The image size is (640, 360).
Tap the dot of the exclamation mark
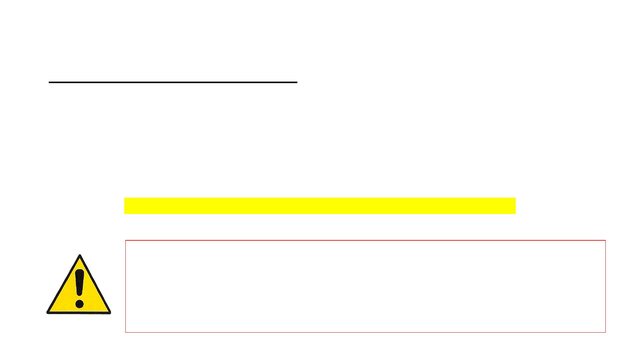[x=79, y=304]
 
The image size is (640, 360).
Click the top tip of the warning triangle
[x=80, y=256]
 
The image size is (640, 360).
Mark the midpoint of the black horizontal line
[x=173, y=82]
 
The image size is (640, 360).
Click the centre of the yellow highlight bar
[x=320, y=206]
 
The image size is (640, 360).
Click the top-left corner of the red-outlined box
[x=126, y=240]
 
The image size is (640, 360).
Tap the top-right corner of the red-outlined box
[x=605, y=240]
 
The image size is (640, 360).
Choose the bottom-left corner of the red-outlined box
[x=126, y=332]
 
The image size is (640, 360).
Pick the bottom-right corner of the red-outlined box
[x=605, y=332]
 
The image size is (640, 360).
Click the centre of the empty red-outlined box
[x=365, y=286]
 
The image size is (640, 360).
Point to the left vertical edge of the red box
[x=126, y=286]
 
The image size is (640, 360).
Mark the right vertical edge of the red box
[x=605, y=286]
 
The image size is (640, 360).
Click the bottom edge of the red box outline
[x=365, y=332]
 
